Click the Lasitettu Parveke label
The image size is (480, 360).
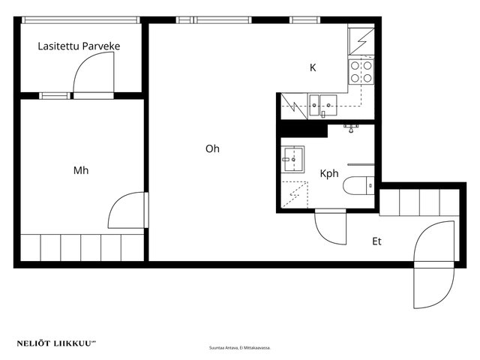pyautogui.click(x=79, y=46)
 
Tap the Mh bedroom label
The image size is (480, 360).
pyautogui.click(x=81, y=170)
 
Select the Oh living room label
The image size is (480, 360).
pyautogui.click(x=212, y=148)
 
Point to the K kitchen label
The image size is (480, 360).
pyautogui.click(x=313, y=67)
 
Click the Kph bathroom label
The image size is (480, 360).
pyautogui.click(x=329, y=173)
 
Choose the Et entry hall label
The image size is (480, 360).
pyautogui.click(x=376, y=241)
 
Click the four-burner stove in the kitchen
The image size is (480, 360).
pyautogui.click(x=361, y=72)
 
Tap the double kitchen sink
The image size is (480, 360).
pyautogui.click(x=322, y=105)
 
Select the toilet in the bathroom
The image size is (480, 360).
pyautogui.click(x=358, y=185)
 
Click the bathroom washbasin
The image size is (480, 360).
pyautogui.click(x=292, y=159)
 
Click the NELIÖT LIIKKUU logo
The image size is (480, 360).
pyautogui.click(x=56, y=343)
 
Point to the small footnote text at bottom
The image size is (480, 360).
pyautogui.click(x=240, y=348)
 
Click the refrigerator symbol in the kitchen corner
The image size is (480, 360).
pyautogui.click(x=361, y=41)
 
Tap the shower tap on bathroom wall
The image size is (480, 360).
pyautogui.click(x=351, y=128)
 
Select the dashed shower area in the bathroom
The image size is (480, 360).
pyautogui.click(x=295, y=194)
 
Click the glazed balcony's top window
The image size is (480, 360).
pyautogui.click(x=81, y=20)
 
